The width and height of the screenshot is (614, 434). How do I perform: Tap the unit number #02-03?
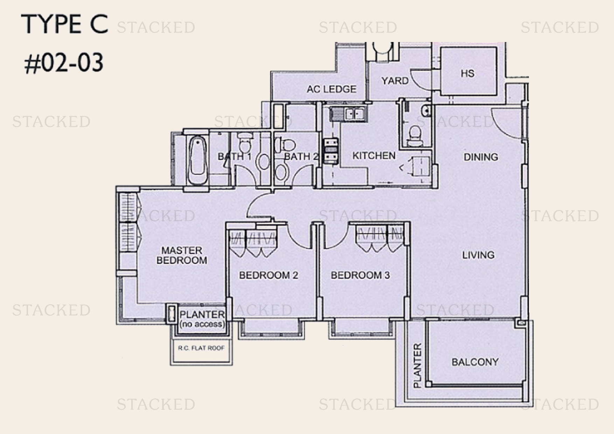coord(64,63)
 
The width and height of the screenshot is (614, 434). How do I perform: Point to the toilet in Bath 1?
coord(244,143)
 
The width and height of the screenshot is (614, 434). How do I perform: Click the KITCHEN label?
coord(374,155)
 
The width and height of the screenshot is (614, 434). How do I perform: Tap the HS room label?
coord(467,73)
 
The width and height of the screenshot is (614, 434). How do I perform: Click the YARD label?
coord(395,81)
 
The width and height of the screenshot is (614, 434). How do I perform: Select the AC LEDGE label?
coord(331,89)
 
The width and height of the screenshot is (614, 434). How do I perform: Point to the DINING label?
coord(481,157)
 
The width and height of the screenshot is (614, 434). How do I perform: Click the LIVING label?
coord(478,255)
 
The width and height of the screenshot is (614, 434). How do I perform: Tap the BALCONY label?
coord(475,362)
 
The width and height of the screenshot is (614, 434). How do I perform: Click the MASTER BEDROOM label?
coord(181,255)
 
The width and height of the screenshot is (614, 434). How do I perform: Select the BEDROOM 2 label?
coord(268,275)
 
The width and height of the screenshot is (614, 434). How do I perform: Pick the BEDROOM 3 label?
coord(360,275)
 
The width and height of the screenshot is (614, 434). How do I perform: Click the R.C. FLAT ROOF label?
coord(201,348)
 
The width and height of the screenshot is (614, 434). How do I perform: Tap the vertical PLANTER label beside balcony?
coord(418,365)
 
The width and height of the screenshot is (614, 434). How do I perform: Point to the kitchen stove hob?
coord(331,151)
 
